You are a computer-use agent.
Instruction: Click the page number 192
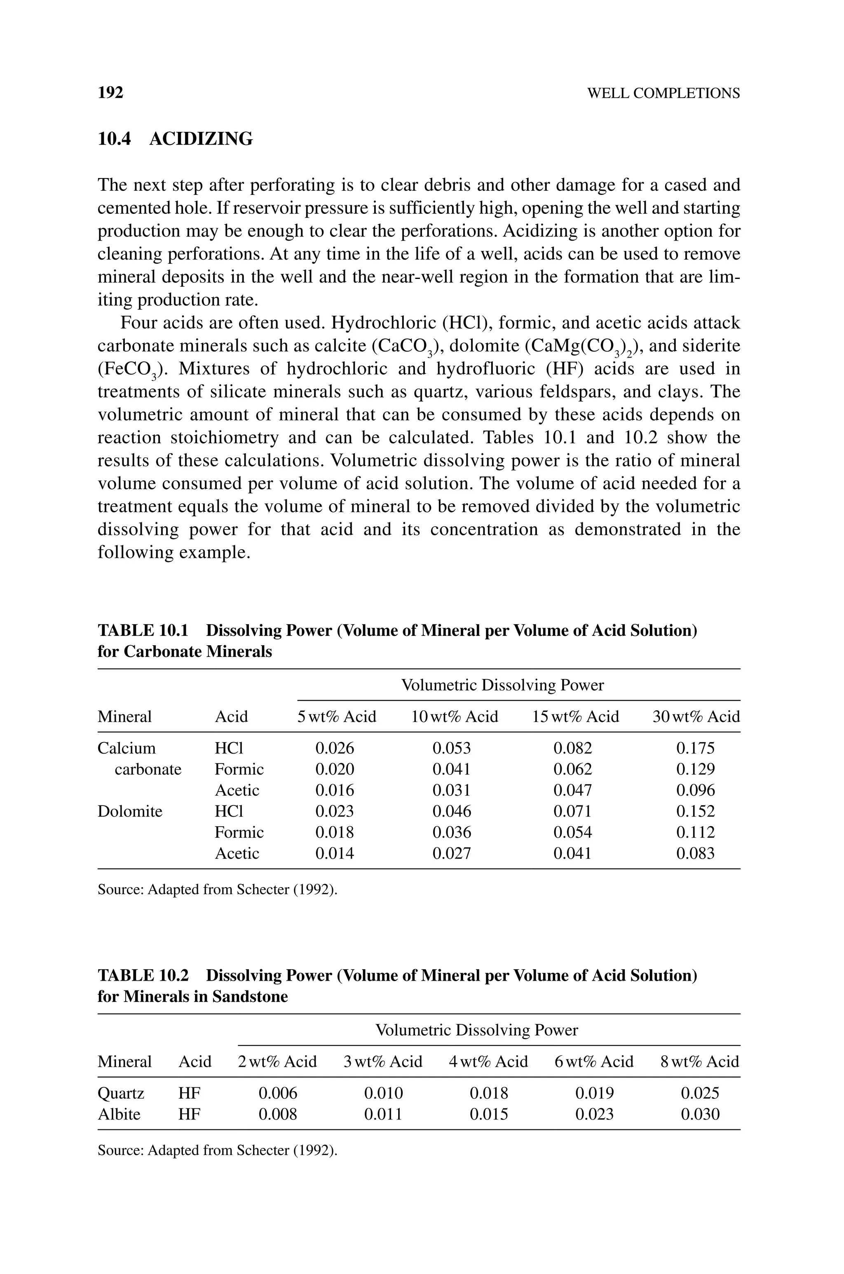click(x=110, y=93)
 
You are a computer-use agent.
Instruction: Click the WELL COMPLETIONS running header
click(x=663, y=94)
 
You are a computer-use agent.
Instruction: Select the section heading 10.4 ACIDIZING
click(x=175, y=139)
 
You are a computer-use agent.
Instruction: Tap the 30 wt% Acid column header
click(x=696, y=717)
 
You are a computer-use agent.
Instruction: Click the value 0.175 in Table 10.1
click(x=696, y=748)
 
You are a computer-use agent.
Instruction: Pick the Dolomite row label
click(x=130, y=811)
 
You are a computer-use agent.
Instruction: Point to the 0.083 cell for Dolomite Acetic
click(x=696, y=853)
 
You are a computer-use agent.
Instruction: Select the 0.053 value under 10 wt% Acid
click(x=452, y=748)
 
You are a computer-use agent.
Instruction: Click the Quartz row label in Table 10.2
click(x=121, y=1093)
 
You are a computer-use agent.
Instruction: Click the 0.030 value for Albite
click(x=700, y=1114)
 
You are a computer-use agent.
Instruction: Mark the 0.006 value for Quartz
click(x=278, y=1093)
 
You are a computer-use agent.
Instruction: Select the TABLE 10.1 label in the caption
click(x=143, y=630)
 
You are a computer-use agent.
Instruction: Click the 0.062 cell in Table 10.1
click(x=573, y=769)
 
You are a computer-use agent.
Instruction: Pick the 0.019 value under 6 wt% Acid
click(x=594, y=1093)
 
